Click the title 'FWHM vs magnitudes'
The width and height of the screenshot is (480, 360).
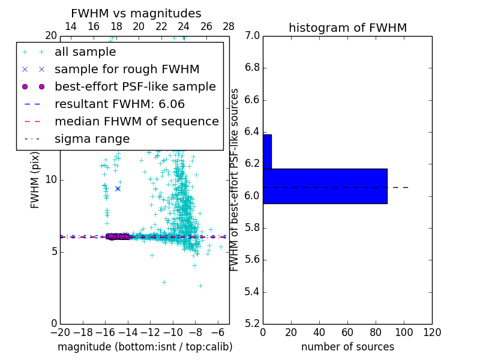tap(136, 14)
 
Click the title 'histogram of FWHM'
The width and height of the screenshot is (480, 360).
tap(347, 28)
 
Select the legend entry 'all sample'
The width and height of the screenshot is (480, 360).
tap(85, 52)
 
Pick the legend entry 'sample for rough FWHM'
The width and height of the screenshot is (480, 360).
tap(127, 70)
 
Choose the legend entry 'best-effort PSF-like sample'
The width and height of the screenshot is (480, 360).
tap(135, 87)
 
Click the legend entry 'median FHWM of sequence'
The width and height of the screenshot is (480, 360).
tap(136, 122)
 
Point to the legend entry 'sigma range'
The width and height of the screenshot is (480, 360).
tap(92, 139)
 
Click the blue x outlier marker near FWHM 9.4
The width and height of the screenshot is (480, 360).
tap(118, 188)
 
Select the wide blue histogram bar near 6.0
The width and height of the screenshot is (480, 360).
tap(325, 186)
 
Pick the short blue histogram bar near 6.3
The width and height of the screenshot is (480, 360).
tap(267, 151)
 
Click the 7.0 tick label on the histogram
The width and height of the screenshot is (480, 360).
tap(252, 36)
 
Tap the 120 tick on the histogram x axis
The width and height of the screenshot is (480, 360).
tap(432, 332)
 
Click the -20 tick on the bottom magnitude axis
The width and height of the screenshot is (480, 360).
tap(60, 332)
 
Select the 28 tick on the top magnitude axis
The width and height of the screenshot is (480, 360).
tap(229, 26)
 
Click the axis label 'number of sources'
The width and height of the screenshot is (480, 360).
tap(347, 347)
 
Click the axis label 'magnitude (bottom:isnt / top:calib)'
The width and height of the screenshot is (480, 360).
tap(145, 347)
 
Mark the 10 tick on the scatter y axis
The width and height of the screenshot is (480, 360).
tap(50, 180)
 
